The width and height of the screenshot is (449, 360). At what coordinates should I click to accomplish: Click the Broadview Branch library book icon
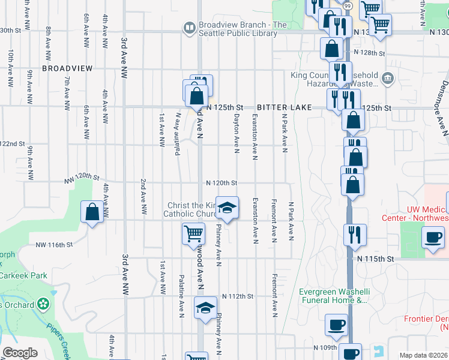(x=190, y=28)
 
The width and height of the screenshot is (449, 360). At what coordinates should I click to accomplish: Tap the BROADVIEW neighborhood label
(x=67, y=69)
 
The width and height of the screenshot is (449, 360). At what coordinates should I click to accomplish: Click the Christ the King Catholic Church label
(x=192, y=209)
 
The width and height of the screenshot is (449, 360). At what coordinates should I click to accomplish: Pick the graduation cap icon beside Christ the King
(x=227, y=208)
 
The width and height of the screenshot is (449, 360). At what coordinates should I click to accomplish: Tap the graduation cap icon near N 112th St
(x=205, y=308)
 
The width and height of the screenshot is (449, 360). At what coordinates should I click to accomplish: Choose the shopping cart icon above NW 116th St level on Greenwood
(x=193, y=232)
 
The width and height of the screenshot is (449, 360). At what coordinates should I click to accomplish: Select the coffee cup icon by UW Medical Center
(x=433, y=237)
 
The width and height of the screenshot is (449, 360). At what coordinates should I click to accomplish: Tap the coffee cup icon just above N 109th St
(x=336, y=325)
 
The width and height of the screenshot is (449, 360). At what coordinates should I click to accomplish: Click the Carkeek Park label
(x=24, y=275)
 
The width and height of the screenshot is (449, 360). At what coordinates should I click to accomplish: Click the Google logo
(x=20, y=353)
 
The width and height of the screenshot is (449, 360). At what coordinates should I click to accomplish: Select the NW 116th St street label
(x=54, y=245)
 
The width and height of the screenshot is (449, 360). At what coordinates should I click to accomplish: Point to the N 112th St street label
(x=238, y=296)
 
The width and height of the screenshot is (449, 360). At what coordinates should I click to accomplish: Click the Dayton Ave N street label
(x=237, y=133)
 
